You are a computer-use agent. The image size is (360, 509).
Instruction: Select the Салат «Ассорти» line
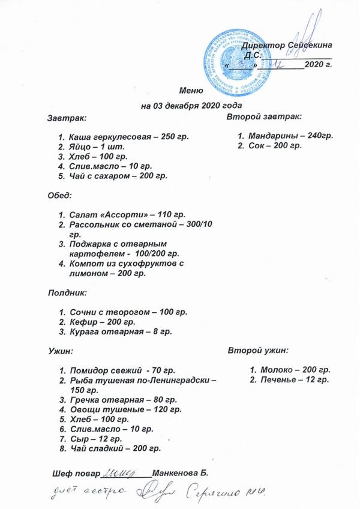click(x=127, y=214)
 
